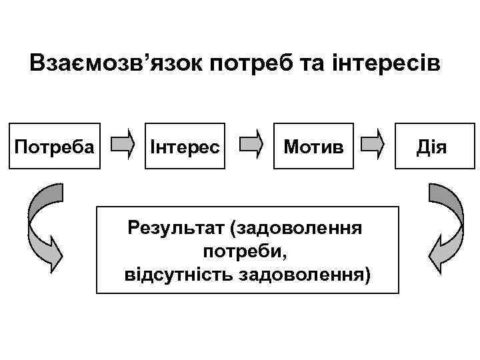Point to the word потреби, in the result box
click(x=246, y=252)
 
